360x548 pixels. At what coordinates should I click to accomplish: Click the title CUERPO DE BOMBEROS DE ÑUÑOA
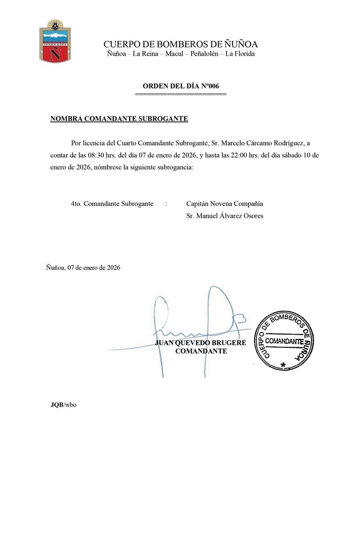coord(181,44)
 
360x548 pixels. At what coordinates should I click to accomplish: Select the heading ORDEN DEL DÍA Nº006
coord(181,86)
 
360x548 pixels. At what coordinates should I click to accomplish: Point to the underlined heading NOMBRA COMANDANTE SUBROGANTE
coord(119,119)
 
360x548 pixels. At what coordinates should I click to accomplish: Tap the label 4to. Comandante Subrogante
coord(112,203)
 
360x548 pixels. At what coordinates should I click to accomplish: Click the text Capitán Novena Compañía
coord(224,203)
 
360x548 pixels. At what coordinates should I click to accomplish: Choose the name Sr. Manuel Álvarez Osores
coord(224,215)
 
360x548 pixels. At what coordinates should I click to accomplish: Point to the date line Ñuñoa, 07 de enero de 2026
coord(83,268)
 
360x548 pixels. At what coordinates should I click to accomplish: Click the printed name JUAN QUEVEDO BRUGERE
coord(201,343)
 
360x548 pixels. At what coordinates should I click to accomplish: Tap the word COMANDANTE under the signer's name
coord(201,351)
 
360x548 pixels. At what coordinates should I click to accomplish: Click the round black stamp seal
coord(284,340)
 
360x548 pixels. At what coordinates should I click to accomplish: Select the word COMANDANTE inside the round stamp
coord(284,341)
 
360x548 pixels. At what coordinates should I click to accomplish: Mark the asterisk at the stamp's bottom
coord(283,365)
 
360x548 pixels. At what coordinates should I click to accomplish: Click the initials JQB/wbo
coord(63,405)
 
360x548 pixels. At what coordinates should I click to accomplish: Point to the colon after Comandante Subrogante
coord(166,204)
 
